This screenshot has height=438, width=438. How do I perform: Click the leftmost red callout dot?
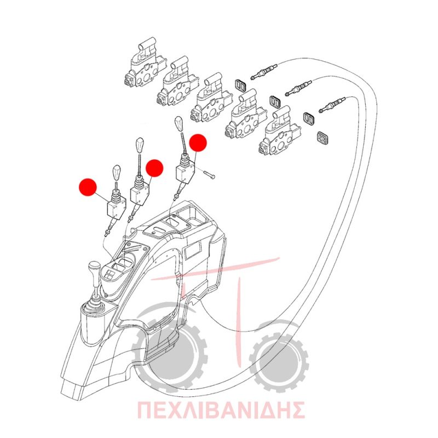88,187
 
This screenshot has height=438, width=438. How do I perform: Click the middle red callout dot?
154,168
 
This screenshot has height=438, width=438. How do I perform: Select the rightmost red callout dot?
198,143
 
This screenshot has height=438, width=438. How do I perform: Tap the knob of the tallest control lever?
179,124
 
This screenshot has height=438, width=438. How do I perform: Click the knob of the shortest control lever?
117,173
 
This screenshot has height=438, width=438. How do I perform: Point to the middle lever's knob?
140,144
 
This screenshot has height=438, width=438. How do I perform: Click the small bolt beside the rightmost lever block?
210,175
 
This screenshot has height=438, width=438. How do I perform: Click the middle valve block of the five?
212,98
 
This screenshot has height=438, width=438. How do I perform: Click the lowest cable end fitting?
332,105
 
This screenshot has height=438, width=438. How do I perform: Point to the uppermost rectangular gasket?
240,85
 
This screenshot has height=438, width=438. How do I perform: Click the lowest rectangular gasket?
322,138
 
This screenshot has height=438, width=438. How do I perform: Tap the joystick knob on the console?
94,268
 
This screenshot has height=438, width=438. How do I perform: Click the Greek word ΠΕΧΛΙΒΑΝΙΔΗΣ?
221,410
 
